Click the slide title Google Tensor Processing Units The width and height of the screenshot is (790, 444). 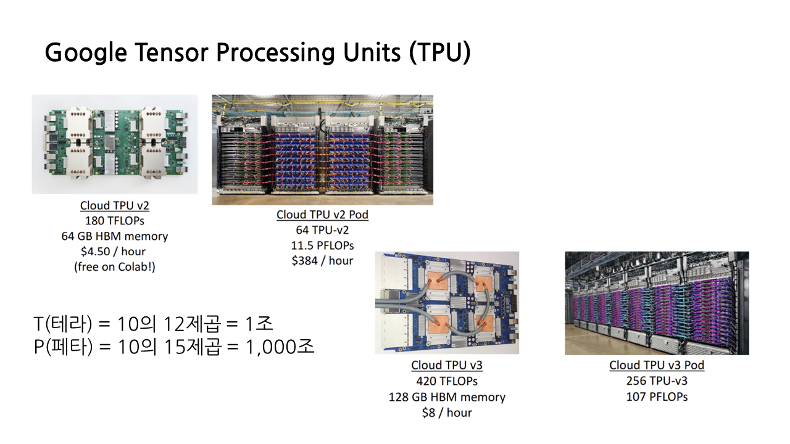258,53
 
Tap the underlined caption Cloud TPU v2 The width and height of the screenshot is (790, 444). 115,205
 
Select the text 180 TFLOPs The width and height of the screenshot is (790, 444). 115,221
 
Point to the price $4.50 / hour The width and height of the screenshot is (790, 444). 115,252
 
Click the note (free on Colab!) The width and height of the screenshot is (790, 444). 115,267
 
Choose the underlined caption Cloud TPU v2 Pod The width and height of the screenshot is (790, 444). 322,215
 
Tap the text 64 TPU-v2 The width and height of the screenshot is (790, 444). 322,230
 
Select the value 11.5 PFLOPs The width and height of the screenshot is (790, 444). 322,245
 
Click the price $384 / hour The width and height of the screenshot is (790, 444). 322,261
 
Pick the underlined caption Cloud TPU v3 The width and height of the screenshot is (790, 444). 447,365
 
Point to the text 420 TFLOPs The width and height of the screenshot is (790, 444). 447,381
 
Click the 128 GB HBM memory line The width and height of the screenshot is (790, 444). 447,397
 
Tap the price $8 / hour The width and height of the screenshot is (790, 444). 447,413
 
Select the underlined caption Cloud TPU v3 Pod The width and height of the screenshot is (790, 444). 657,365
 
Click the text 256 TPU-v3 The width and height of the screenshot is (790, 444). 657,381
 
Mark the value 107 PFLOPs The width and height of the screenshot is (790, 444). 657,397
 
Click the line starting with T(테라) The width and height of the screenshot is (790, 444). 153,323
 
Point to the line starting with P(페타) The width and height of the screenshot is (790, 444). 174,347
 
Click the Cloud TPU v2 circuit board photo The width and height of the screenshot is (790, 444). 115,144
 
